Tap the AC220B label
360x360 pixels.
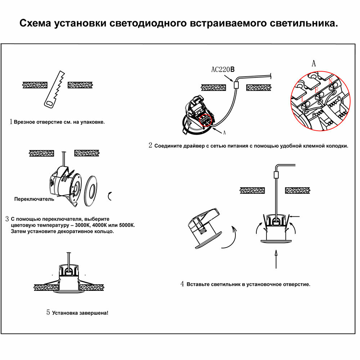(x=223, y=69)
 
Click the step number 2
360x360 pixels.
(x=150, y=145)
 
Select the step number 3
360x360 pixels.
(x=7, y=219)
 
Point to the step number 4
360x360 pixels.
(x=183, y=284)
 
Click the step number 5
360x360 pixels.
(x=48, y=312)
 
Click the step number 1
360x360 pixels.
(x=11, y=122)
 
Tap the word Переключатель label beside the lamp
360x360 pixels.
(x=34, y=199)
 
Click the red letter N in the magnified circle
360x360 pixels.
(x=330, y=81)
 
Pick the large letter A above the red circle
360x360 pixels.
(x=314, y=64)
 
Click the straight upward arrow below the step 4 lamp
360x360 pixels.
(x=276, y=259)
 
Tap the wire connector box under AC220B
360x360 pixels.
(x=236, y=85)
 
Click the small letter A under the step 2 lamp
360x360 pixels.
(x=225, y=133)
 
